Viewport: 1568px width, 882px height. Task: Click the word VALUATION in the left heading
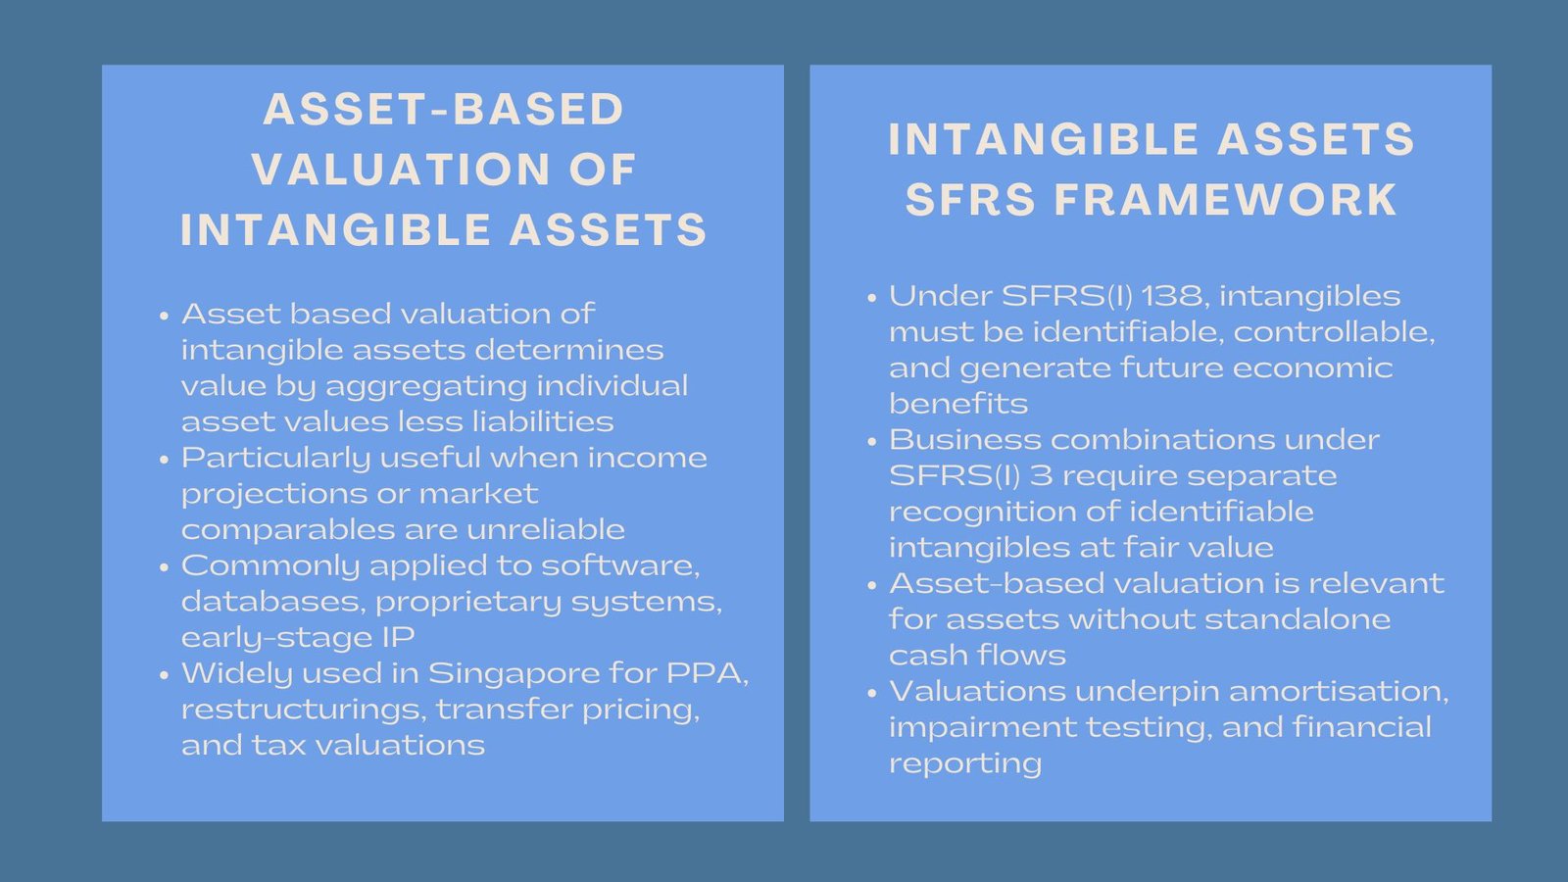pos(400,170)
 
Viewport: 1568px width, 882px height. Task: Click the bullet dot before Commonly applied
pos(164,567)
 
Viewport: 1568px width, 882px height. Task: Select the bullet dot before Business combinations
pos(871,442)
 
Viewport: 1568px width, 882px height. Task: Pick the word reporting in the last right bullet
pos(964,763)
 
